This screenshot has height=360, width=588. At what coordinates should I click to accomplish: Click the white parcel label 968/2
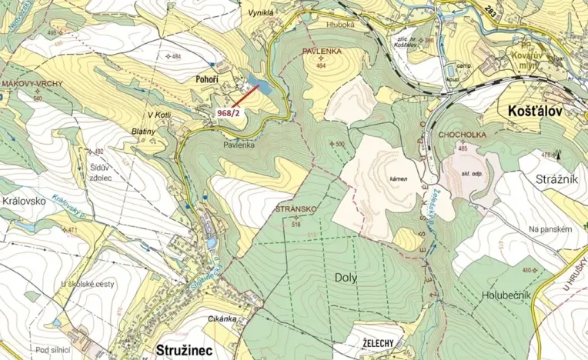(x=229, y=112)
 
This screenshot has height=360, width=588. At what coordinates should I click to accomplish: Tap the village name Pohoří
(x=207, y=79)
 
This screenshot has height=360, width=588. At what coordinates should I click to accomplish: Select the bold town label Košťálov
(x=535, y=111)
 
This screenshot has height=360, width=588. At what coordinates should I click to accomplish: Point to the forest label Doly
(x=346, y=278)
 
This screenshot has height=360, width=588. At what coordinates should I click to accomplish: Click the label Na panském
(x=551, y=229)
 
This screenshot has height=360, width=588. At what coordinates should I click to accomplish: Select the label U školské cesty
(x=88, y=284)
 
